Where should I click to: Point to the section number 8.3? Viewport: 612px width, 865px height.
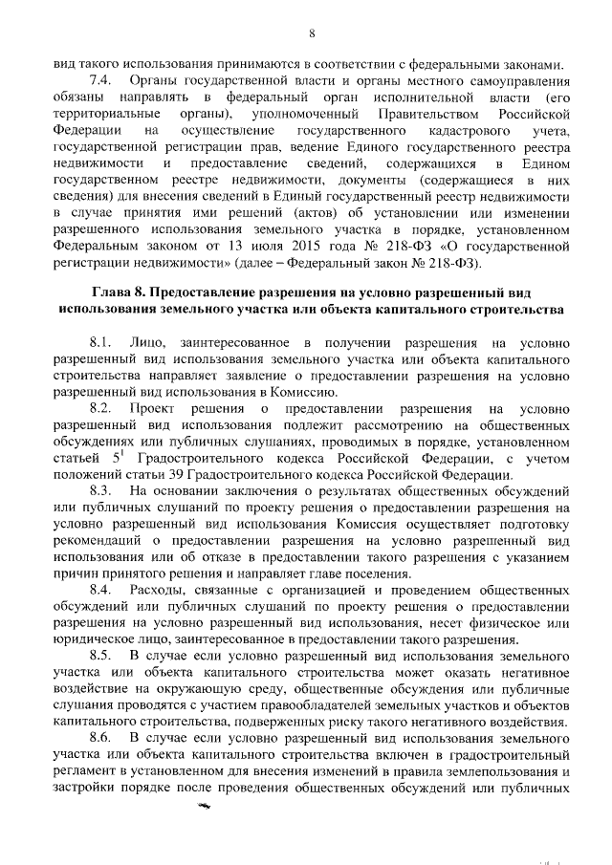coord(101,490)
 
